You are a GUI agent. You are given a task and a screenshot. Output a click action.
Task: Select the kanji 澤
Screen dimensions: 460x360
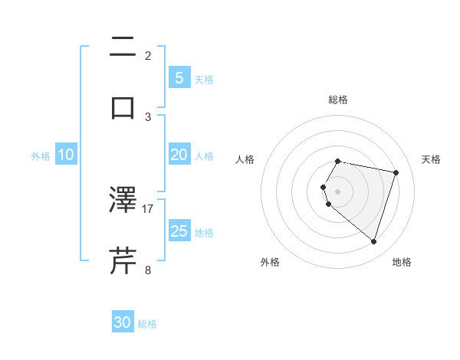[123, 200]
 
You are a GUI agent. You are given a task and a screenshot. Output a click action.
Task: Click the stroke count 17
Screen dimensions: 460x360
[148, 208]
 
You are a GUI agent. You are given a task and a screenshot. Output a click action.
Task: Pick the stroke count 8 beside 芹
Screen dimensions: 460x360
[148, 270]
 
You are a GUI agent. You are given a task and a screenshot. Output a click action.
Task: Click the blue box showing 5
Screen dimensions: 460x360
[179, 77]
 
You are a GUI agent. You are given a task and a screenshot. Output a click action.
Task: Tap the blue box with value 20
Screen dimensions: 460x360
[179, 155]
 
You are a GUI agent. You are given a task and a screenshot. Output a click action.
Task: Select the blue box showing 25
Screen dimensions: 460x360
[179, 231]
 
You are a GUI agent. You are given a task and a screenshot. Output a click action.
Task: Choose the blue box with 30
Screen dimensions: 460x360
[123, 322]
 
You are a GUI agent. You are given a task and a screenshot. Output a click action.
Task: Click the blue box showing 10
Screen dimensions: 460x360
[66, 155]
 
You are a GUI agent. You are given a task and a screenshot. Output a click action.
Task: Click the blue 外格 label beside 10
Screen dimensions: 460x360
[41, 155]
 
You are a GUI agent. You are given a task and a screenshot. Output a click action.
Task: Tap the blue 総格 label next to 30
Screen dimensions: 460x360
[147, 324]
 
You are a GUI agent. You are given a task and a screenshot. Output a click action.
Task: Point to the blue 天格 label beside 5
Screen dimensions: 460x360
[204, 79]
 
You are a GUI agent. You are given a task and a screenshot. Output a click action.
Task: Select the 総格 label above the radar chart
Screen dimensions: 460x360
[338, 100]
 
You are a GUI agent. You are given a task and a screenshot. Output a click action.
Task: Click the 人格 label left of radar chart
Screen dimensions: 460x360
[245, 159]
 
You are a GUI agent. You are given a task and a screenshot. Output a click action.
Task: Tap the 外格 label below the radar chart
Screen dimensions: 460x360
[270, 262]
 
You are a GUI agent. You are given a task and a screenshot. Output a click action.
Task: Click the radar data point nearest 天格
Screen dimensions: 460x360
[396, 173]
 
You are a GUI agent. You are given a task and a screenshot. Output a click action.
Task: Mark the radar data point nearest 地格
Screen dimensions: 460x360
[374, 242]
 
